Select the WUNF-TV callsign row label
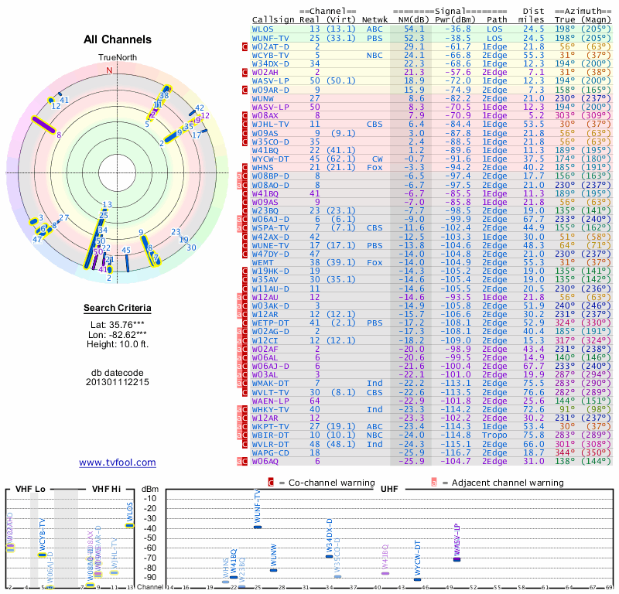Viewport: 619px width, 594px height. (x=271, y=37)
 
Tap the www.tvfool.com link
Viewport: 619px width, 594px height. (x=118, y=463)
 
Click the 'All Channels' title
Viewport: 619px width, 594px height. (x=118, y=39)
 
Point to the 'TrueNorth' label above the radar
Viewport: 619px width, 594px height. (x=117, y=58)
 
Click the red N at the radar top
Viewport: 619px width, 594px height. (x=109, y=70)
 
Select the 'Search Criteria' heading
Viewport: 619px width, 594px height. (x=118, y=309)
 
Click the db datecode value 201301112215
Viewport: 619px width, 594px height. (x=118, y=382)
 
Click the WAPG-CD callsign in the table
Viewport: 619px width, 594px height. (x=271, y=452)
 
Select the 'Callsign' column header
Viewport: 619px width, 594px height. (x=273, y=20)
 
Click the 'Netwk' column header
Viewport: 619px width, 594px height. (x=374, y=20)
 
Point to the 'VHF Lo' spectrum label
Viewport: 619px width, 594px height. (x=29, y=489)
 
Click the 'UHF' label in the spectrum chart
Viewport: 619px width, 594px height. (x=389, y=489)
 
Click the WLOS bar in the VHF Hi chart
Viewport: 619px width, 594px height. (x=129, y=525)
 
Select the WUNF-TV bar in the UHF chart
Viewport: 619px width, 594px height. (x=258, y=527)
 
